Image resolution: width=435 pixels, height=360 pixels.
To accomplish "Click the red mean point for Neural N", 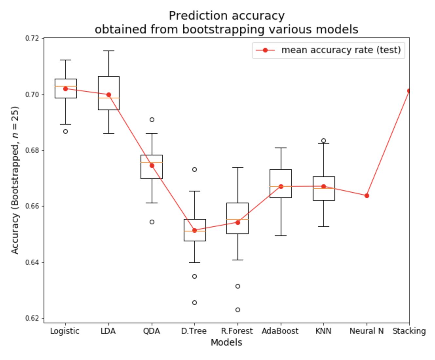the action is pyautogui.click(x=367, y=196).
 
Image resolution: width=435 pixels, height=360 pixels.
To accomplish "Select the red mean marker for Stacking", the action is pyautogui.click(x=409, y=91).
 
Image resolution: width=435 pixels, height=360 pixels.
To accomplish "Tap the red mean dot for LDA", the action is pyautogui.click(x=108, y=95).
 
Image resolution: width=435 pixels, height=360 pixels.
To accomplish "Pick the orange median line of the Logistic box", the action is pyautogui.click(x=66, y=86).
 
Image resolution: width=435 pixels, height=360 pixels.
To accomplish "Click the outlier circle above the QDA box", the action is pyautogui.click(x=152, y=120).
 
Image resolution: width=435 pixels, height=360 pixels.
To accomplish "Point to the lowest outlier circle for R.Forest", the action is pyautogui.click(x=238, y=310).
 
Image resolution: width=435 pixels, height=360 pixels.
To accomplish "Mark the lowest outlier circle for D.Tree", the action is pyautogui.click(x=194, y=302).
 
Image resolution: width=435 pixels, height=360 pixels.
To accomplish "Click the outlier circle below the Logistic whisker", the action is pyautogui.click(x=66, y=131).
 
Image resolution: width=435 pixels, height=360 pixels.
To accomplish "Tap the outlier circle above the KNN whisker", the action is pyautogui.click(x=324, y=141).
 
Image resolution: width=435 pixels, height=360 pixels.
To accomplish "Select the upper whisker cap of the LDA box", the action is pyautogui.click(x=108, y=51).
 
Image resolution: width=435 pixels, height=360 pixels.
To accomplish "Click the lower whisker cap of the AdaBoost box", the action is pyautogui.click(x=281, y=236).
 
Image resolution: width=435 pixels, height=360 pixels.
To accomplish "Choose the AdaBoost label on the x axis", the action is pyautogui.click(x=280, y=331).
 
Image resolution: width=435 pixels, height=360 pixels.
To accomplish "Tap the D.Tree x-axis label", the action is pyautogui.click(x=194, y=331).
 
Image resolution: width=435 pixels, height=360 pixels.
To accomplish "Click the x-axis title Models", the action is pyautogui.click(x=226, y=343).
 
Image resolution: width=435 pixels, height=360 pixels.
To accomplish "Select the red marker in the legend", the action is pyautogui.click(x=265, y=50).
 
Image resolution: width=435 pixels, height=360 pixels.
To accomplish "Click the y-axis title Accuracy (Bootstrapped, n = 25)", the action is pyautogui.click(x=15, y=180).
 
